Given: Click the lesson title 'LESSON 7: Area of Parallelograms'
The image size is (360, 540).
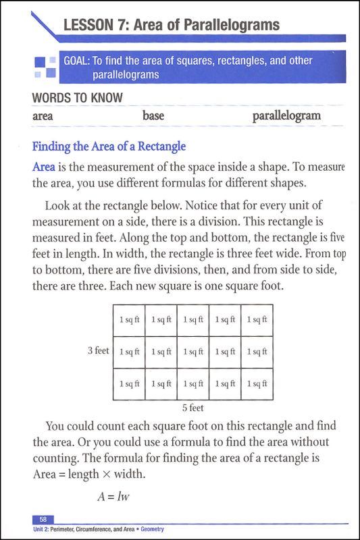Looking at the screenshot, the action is point(171,26).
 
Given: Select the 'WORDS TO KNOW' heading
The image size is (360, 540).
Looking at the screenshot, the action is point(77,98).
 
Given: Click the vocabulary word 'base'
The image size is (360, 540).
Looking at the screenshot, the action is point(153,116).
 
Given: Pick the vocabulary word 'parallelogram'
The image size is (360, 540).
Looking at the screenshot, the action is point(286,116).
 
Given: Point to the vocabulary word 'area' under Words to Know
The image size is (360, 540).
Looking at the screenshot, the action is point(43,116).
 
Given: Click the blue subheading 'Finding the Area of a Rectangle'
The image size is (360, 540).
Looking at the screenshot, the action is point(109,146).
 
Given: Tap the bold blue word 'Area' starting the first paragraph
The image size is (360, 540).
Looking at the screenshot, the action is point(45,166).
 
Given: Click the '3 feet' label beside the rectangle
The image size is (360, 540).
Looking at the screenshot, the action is point(98,351).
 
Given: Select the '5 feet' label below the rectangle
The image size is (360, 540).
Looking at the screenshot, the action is point(193,408).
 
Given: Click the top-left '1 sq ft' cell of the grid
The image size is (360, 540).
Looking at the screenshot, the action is point(129,319).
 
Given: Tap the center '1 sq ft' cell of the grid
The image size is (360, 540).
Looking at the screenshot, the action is point(193,351).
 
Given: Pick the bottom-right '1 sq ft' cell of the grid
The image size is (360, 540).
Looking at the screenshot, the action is point(257,383).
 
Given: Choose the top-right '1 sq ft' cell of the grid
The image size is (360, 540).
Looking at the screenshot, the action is point(257,319).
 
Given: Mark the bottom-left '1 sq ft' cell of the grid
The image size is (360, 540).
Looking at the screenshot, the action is point(129,383).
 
